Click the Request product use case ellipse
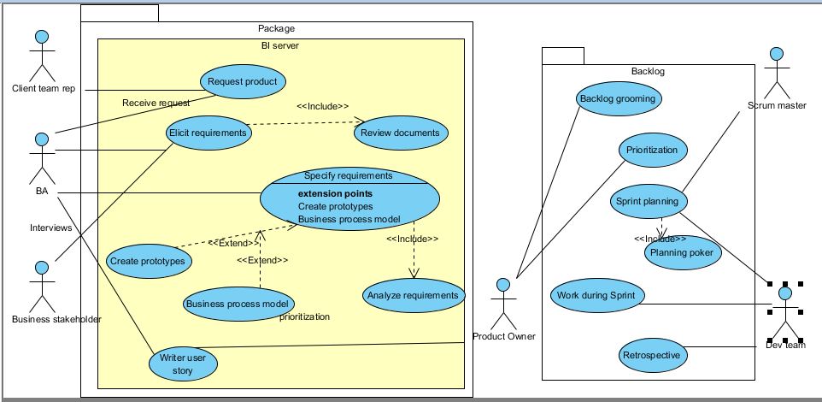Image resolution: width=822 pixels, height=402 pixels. tap(243, 81)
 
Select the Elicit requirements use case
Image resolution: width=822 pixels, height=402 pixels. tap(208, 133)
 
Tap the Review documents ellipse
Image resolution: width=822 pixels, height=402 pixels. tap(401, 133)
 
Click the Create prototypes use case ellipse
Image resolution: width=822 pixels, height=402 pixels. tap(149, 261)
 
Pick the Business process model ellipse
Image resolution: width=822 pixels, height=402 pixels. tap(238, 304)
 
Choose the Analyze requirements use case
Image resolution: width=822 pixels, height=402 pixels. tap(414, 295)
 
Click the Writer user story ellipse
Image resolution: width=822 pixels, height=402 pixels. tap(183, 364)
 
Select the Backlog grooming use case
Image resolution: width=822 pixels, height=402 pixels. tap(619, 98)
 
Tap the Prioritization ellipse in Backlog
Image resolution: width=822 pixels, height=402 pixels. tap(653, 150)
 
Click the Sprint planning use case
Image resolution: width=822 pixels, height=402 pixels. tap(649, 201)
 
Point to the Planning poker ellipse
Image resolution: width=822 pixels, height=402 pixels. tap(683, 252)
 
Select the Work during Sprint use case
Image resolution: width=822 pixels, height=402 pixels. tap(597, 295)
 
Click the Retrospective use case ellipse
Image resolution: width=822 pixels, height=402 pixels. tap(653, 355)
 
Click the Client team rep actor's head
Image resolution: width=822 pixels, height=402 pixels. tap(42, 37)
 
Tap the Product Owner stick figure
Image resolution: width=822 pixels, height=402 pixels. tap(503, 304)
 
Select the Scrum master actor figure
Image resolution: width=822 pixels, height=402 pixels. tap(777, 73)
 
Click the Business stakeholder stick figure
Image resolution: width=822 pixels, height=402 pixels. tap(42, 287)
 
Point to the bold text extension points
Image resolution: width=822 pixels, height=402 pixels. tap(336, 193)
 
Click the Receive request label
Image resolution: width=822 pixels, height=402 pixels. tap(156, 103)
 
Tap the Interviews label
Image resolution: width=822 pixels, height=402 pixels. tap(51, 228)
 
